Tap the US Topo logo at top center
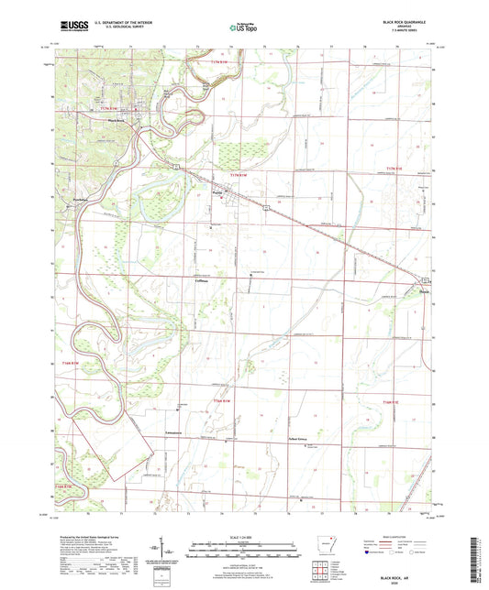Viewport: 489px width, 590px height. (x=243, y=28)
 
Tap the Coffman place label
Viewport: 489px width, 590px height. (x=203, y=279)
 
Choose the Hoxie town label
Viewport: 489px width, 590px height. (x=423, y=292)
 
